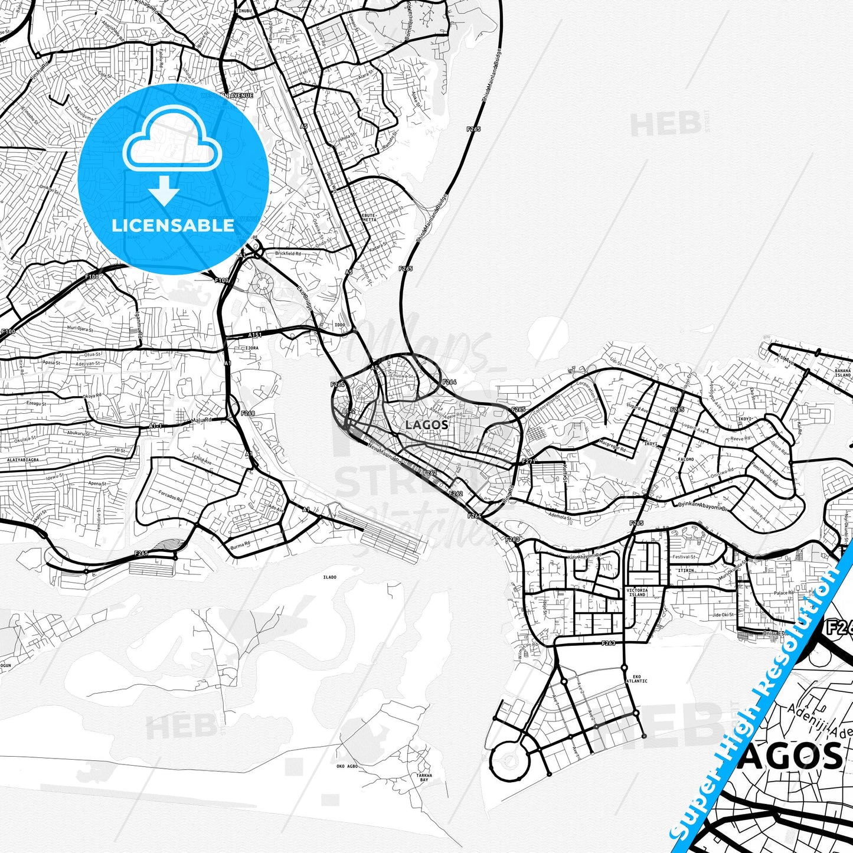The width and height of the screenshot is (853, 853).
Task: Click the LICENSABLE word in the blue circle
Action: click(x=173, y=225)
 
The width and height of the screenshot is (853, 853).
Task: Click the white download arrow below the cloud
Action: click(x=164, y=190)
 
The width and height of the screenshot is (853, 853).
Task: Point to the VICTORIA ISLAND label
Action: click(x=637, y=592)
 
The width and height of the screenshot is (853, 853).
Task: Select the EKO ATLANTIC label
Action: click(x=636, y=679)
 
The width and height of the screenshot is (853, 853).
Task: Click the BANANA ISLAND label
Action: click(x=842, y=373)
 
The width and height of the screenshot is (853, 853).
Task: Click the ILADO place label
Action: click(x=329, y=577)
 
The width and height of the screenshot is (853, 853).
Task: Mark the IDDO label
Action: click(x=340, y=325)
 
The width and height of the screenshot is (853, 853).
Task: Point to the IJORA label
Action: click(x=251, y=348)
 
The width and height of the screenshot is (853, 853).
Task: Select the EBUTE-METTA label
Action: click(x=369, y=217)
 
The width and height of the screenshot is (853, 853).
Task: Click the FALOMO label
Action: click(x=686, y=459)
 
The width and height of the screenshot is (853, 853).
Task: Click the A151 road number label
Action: click(x=254, y=335)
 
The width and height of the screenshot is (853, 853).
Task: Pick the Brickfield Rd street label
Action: click(x=287, y=254)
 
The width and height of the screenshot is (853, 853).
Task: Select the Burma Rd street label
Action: click(x=240, y=544)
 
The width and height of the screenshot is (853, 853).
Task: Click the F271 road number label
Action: click(x=529, y=461)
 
